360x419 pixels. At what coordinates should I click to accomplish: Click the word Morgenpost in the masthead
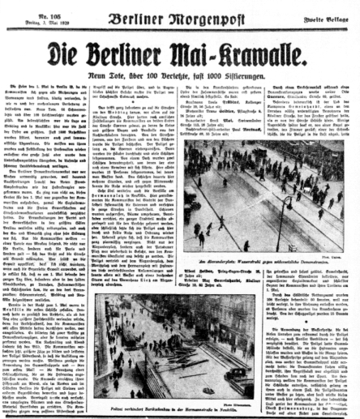pos(204,15)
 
